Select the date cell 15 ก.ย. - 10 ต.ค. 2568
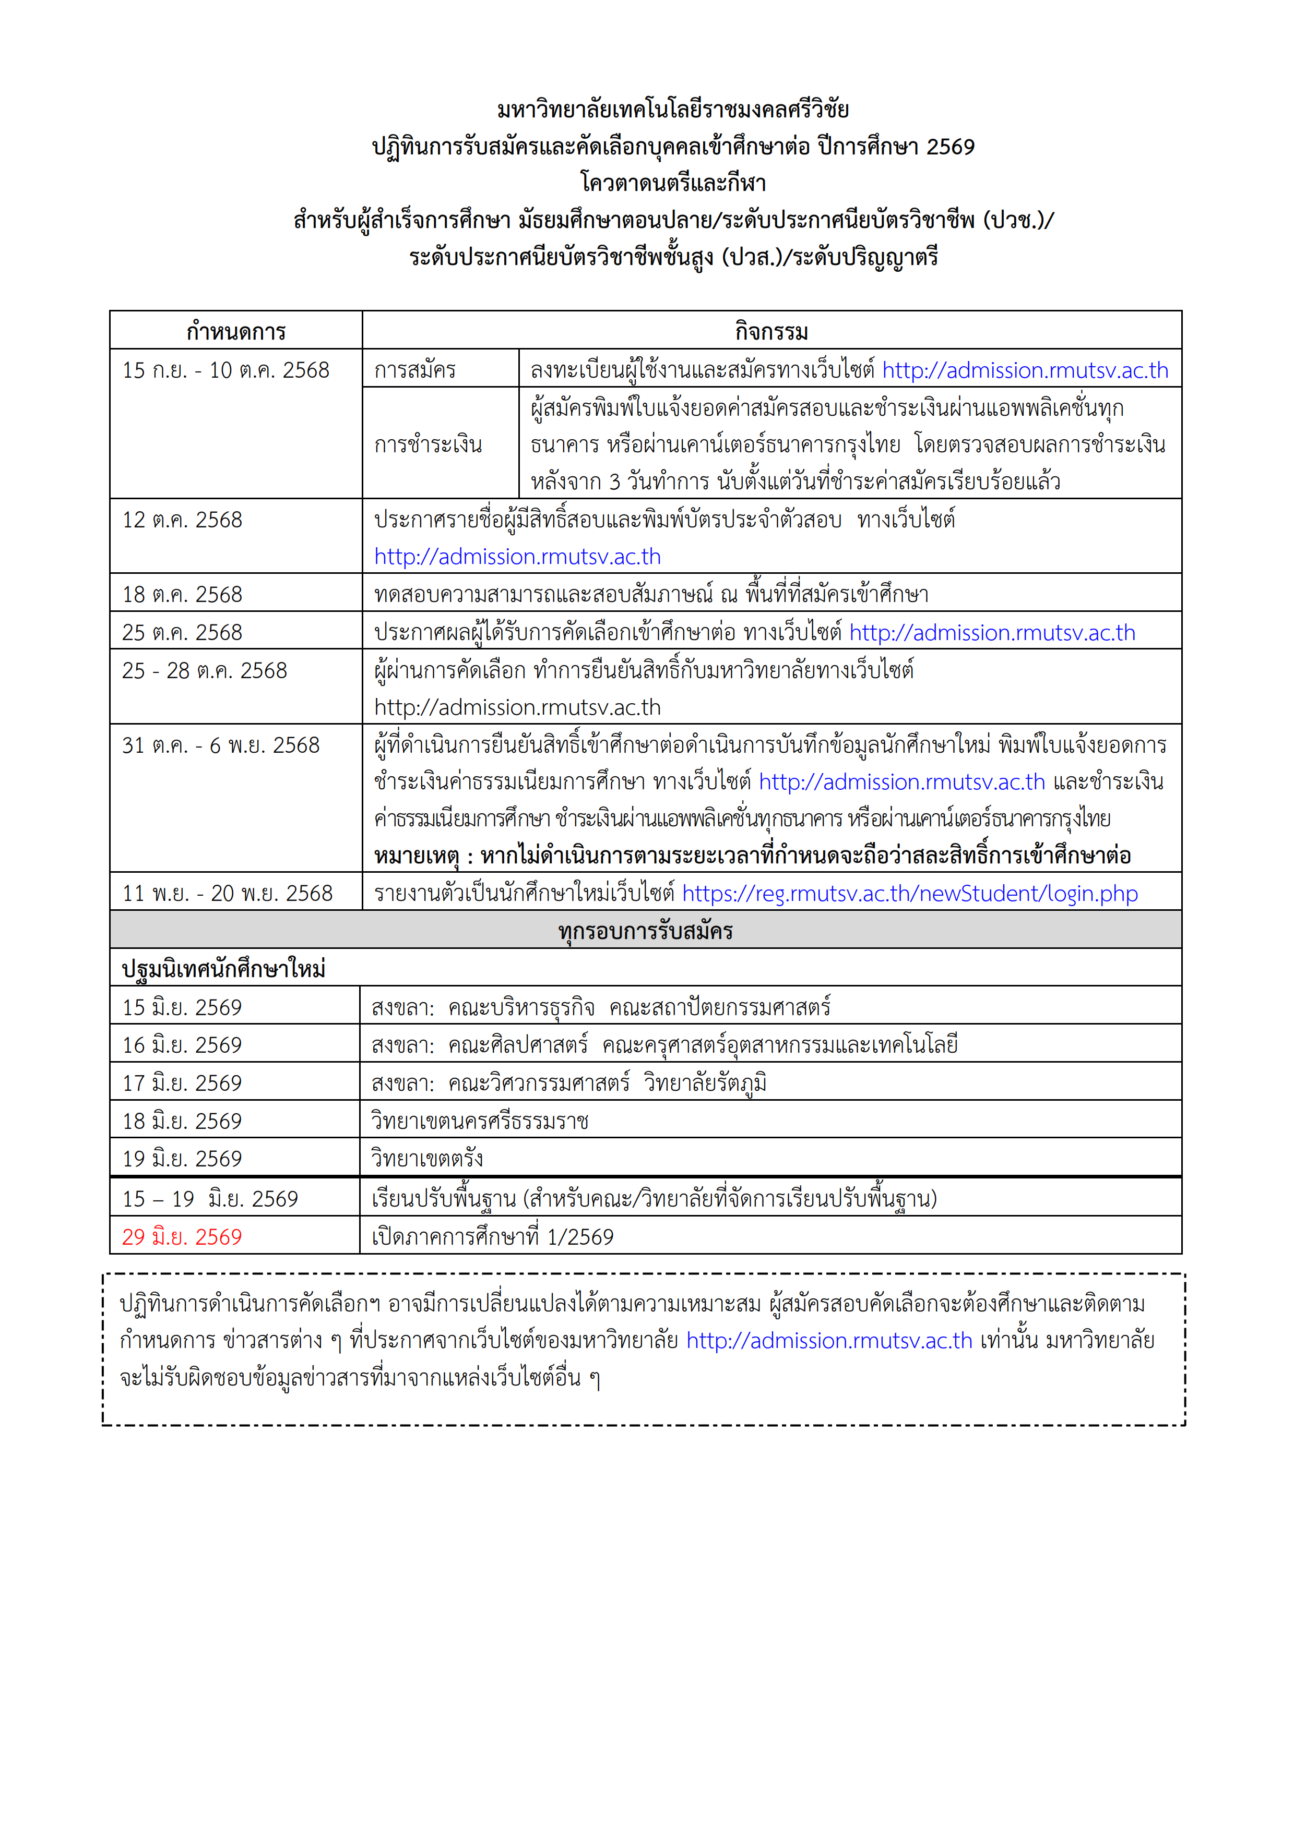click(x=225, y=370)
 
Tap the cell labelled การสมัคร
click(x=414, y=370)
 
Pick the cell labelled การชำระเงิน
click(x=428, y=444)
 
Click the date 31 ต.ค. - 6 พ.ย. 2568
click(x=220, y=745)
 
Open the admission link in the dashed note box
click(x=829, y=1341)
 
